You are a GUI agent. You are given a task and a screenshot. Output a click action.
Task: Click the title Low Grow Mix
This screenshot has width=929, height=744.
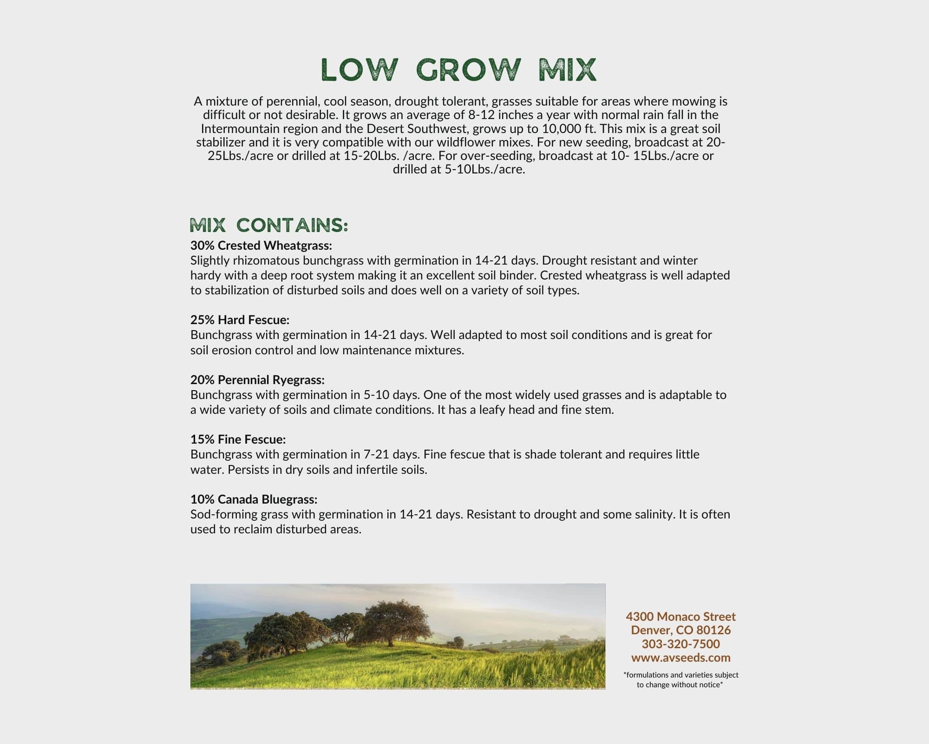tap(458, 70)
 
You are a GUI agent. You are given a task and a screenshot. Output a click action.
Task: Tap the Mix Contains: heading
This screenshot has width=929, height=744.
tap(269, 226)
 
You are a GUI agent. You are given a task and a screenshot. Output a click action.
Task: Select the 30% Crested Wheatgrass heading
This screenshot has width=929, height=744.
tap(261, 245)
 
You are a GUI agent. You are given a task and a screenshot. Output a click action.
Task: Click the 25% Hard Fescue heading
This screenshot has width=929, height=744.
tap(240, 320)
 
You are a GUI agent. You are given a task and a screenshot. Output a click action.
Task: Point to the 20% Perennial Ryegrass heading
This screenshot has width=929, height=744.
tap(257, 380)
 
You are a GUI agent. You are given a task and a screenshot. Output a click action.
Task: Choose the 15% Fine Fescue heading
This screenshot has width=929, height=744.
tap(238, 439)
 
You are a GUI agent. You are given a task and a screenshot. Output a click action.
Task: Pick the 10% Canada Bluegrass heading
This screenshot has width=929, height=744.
tap(254, 499)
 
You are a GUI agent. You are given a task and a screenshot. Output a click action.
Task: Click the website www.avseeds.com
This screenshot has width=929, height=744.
tap(680, 658)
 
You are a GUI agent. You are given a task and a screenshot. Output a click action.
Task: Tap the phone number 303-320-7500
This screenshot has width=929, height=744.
tap(680, 644)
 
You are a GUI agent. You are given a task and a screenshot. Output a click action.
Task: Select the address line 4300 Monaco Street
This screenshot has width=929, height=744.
tap(680, 617)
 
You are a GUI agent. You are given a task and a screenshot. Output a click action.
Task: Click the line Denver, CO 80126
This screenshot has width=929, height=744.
tap(680, 630)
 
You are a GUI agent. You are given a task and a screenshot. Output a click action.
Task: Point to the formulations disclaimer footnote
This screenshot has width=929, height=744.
tap(680, 679)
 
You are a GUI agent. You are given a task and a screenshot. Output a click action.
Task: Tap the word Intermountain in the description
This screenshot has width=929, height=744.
tap(237, 128)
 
